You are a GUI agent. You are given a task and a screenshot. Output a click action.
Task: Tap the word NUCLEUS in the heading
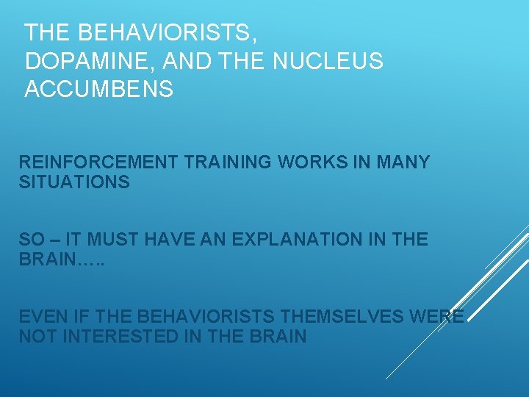point(328,61)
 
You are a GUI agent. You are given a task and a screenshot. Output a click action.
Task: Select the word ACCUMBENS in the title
point(99,89)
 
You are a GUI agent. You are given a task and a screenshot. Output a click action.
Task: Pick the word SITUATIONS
point(74,182)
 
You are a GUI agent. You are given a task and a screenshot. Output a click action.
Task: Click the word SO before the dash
point(32,240)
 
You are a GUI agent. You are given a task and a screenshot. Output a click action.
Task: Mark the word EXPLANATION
point(297,240)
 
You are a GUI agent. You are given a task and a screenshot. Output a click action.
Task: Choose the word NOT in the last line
point(35,337)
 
